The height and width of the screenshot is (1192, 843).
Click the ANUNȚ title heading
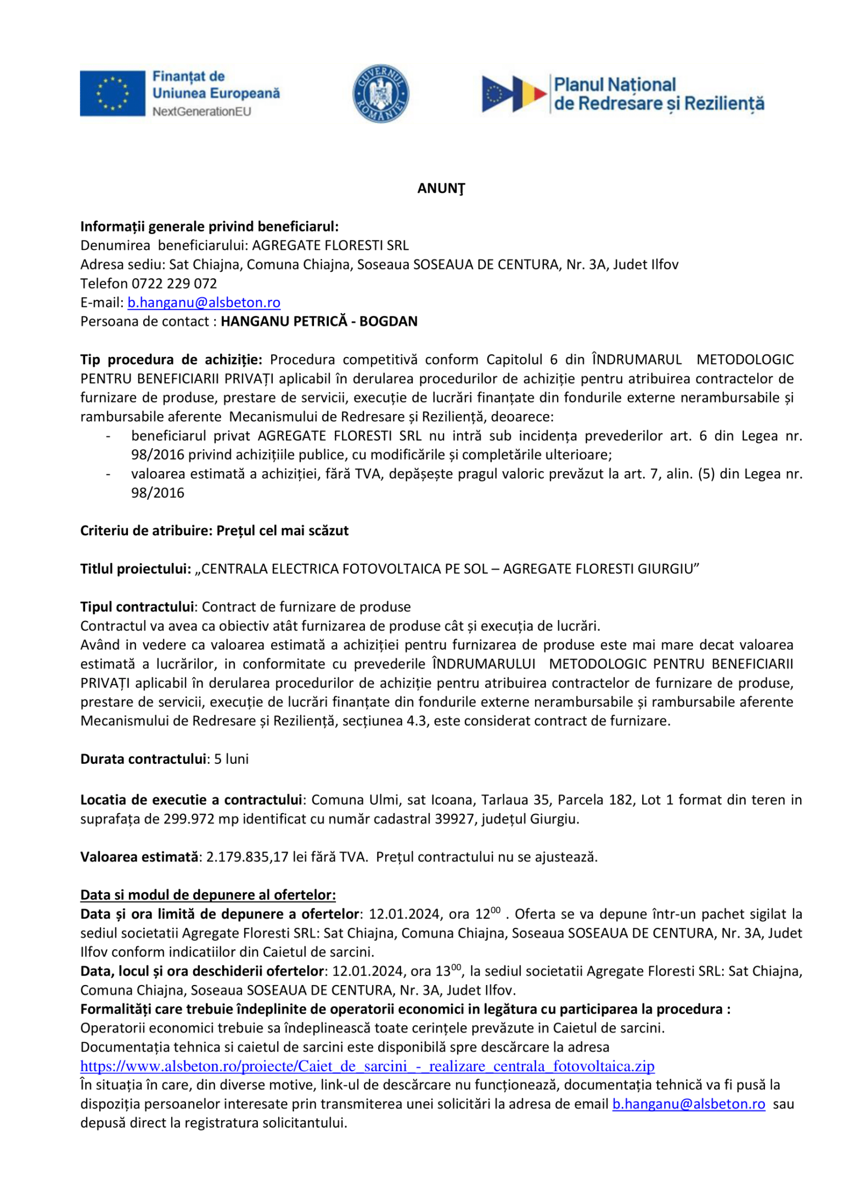click(x=441, y=188)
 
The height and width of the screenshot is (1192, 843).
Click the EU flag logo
click(x=113, y=93)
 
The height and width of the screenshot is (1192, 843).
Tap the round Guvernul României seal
click(x=380, y=93)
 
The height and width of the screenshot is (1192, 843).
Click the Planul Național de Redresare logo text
click(x=658, y=94)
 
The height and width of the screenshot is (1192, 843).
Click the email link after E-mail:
click(x=204, y=303)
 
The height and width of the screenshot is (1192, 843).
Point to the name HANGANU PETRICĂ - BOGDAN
click(x=319, y=321)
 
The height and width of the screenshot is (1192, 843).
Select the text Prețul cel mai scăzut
click(x=283, y=531)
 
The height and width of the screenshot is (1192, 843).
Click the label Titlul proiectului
click(x=136, y=569)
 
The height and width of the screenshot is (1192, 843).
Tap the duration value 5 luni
click(x=231, y=759)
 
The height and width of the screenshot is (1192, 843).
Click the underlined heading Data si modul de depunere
click(x=208, y=895)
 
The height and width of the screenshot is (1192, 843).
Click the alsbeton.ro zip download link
click(x=367, y=1066)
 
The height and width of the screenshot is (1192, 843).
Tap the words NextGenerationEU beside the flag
click(x=201, y=111)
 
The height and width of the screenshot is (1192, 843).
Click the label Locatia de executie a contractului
click(x=191, y=800)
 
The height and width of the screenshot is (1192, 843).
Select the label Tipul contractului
click(x=137, y=607)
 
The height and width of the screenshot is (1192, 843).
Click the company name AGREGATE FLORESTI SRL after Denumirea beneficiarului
click(x=330, y=245)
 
